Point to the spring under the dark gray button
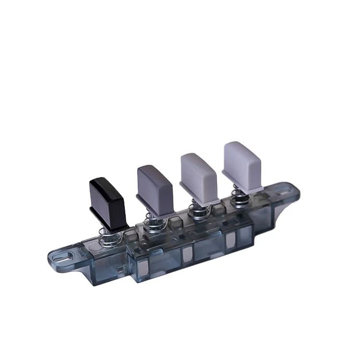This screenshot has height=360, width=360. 156,222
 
